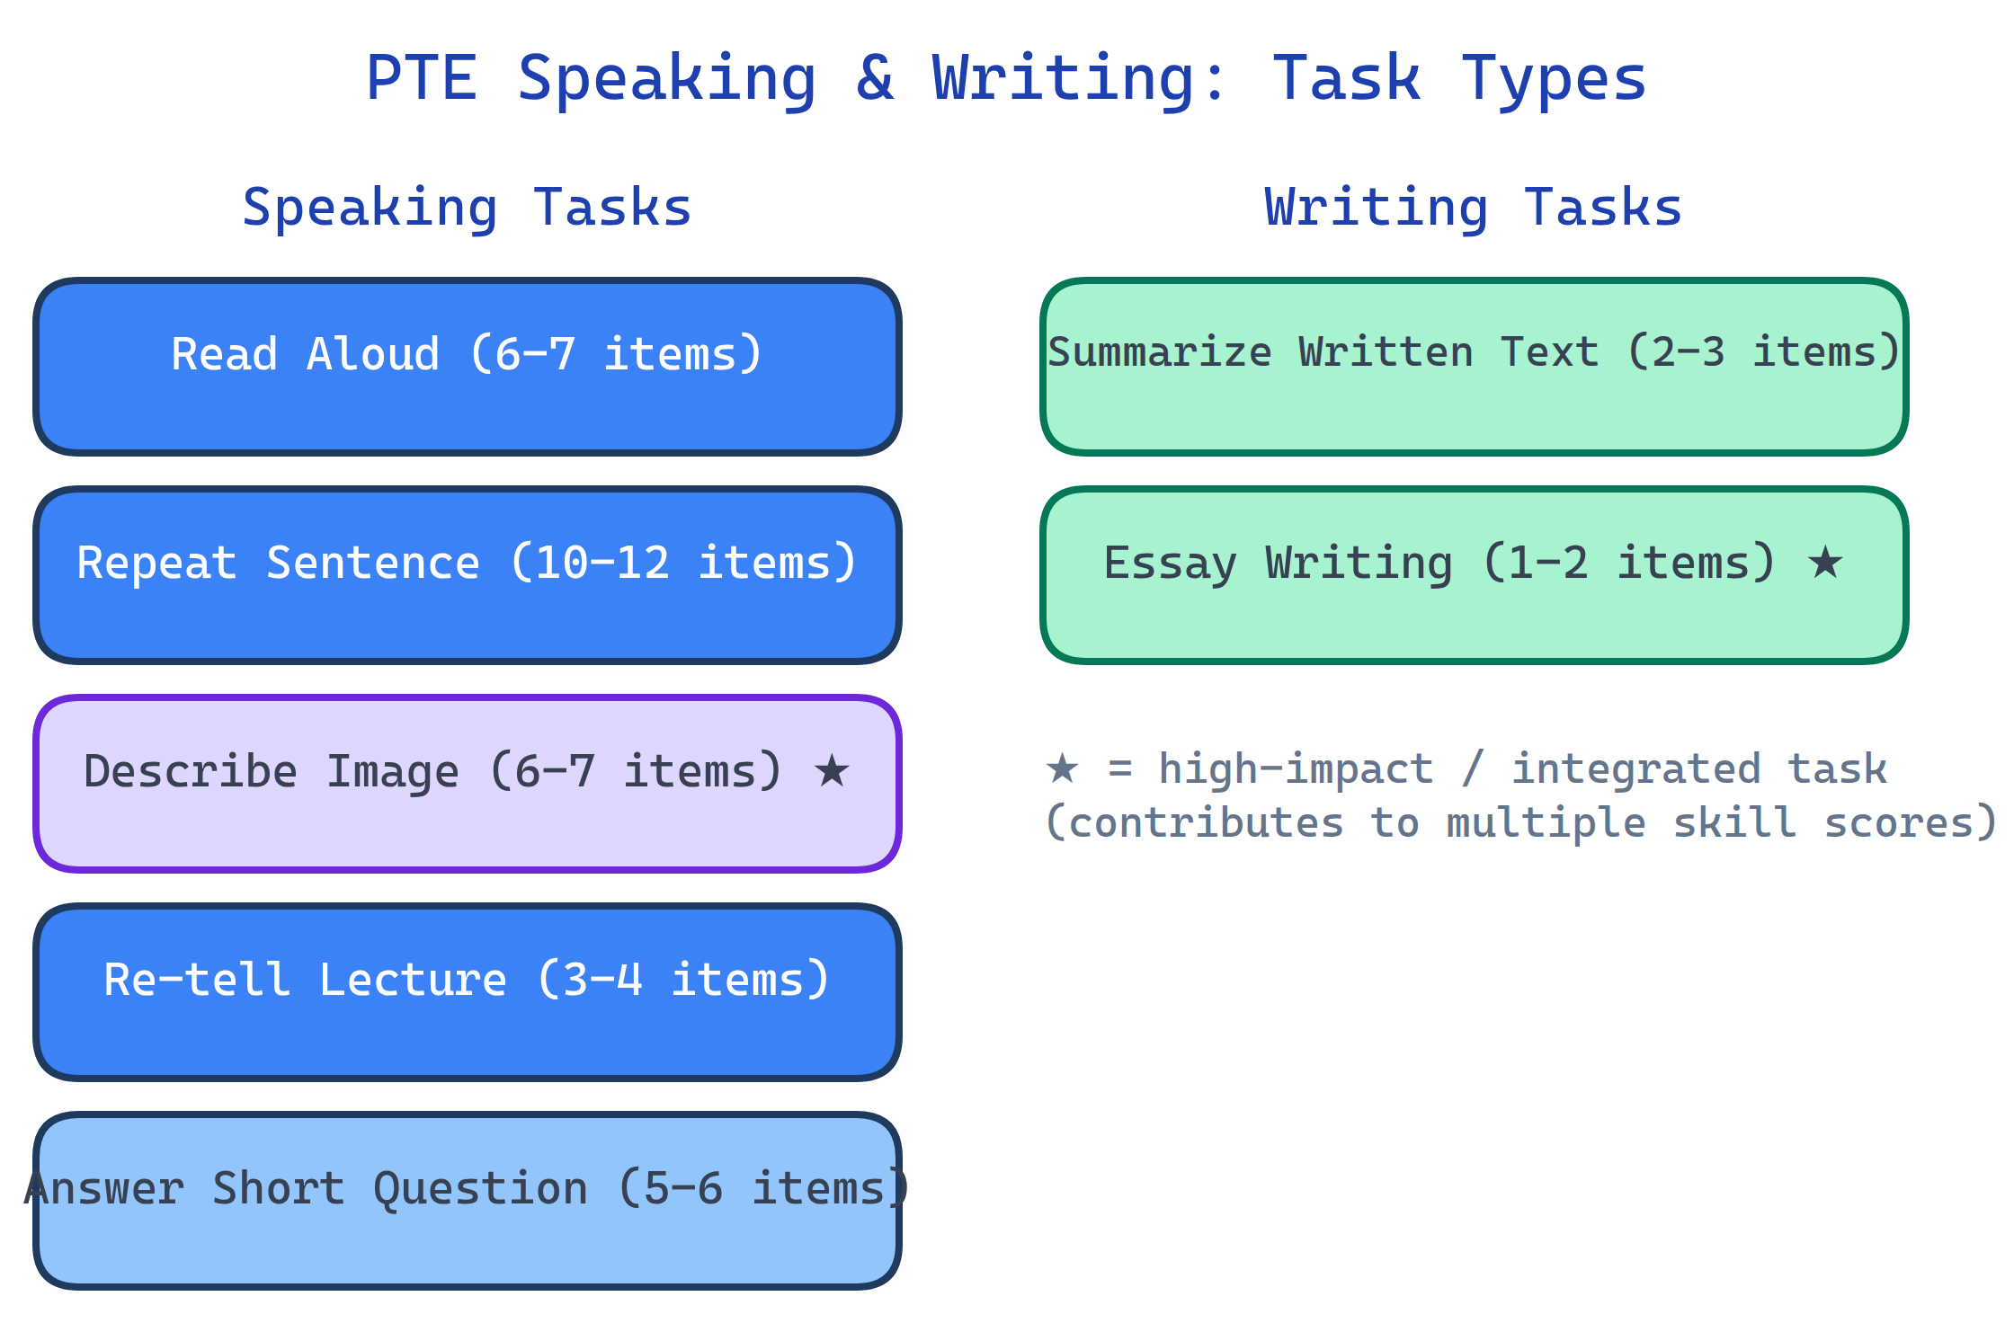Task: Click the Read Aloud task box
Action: click(467, 366)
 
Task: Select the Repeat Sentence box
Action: click(467, 575)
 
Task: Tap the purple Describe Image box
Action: click(467, 783)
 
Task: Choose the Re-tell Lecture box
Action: click(467, 991)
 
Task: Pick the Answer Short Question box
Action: click(467, 1201)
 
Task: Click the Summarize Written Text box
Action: click(1474, 366)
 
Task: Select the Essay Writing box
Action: click(1474, 575)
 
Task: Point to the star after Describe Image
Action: click(832, 771)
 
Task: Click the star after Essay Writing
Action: click(1825, 563)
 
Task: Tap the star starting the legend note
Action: click(1062, 768)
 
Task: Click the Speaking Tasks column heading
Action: click(467, 208)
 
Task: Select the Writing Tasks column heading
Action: click(1473, 208)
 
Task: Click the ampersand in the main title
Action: click(875, 78)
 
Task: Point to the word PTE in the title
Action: click(421, 78)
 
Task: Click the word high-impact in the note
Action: click(1296, 769)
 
